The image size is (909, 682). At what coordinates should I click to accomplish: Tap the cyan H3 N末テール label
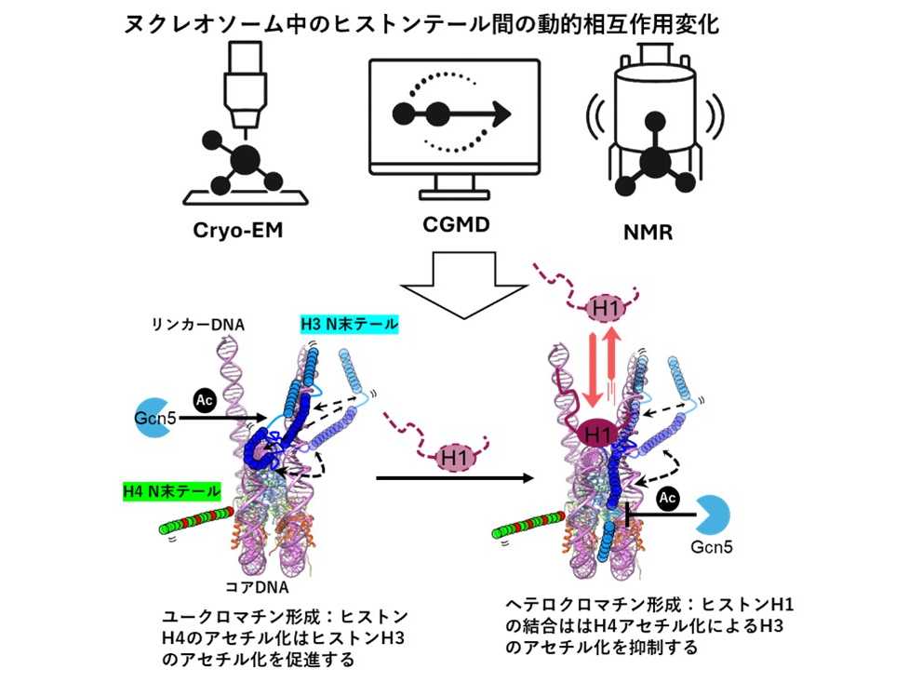[349, 325]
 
